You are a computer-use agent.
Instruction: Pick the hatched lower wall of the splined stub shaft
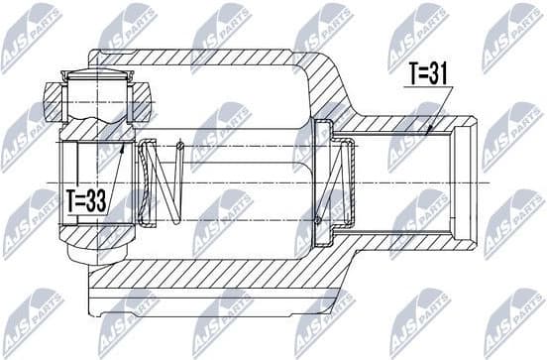tap(416, 238)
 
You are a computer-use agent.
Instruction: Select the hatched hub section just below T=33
tap(94, 233)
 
